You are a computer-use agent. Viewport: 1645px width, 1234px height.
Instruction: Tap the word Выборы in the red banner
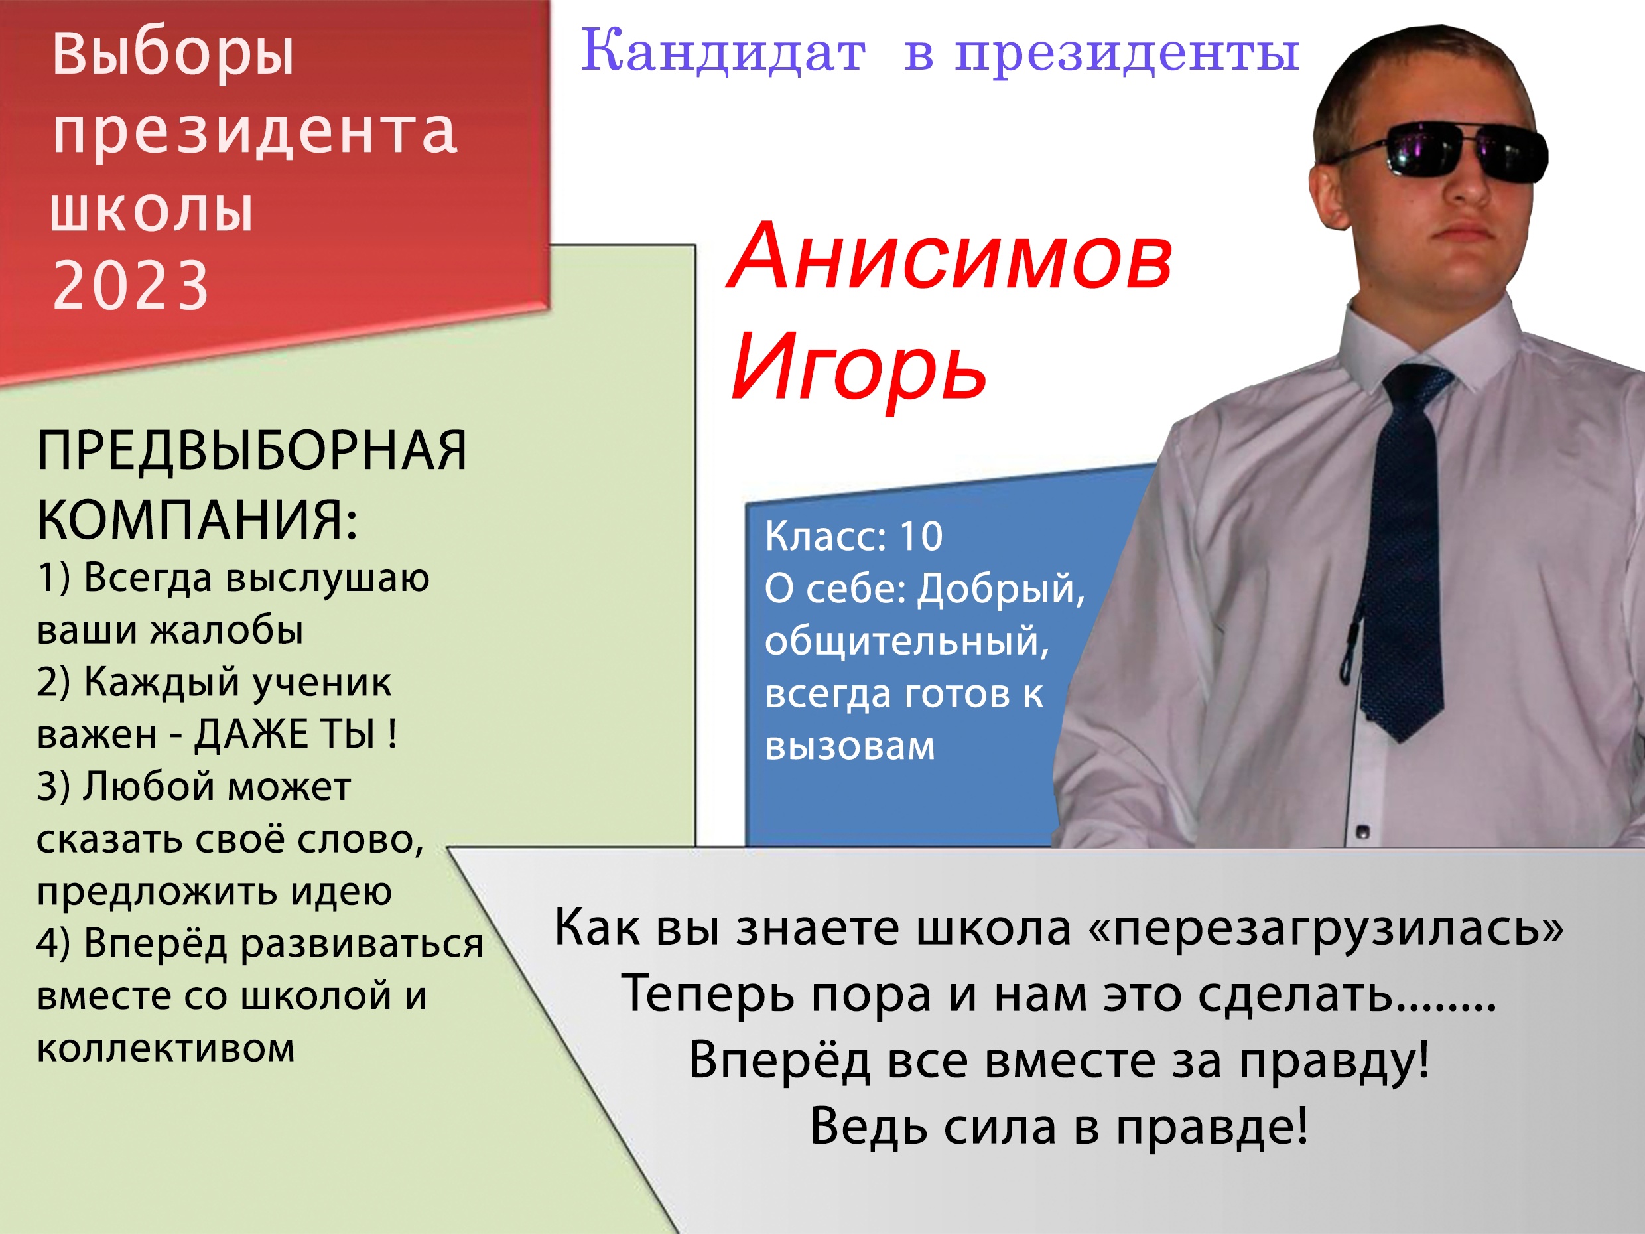[x=173, y=56]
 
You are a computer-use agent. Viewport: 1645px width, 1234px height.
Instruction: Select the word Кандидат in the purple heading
[x=723, y=52]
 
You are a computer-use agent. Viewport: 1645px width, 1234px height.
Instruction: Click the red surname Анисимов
[x=951, y=257]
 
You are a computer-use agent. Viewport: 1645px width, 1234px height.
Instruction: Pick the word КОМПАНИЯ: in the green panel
[x=197, y=519]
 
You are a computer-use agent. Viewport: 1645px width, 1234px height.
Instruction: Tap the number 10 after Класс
[x=921, y=536]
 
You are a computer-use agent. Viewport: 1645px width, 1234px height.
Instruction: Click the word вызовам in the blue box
[x=849, y=746]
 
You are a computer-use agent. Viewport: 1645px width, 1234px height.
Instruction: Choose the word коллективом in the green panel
[x=166, y=1048]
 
